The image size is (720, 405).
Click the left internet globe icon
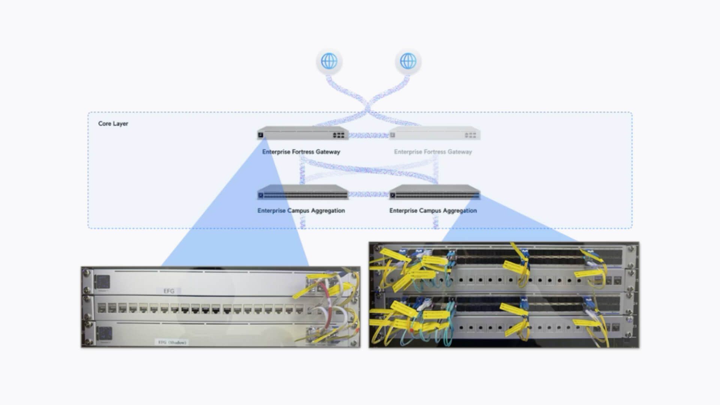point(329,61)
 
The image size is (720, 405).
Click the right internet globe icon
point(408,61)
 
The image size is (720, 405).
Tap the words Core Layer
point(113,123)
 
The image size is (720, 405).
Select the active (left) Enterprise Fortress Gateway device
point(303,134)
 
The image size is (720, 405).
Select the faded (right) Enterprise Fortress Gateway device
point(435,134)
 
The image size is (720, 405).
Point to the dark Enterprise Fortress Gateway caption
point(301,152)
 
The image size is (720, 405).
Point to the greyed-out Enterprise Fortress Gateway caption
point(433,152)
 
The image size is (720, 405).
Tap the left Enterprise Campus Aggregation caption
point(301,211)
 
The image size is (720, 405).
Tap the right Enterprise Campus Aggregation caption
point(433,211)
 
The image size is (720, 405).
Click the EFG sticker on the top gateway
point(169,291)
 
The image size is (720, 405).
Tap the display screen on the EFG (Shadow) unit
point(105,333)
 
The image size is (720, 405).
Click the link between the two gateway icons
point(369,135)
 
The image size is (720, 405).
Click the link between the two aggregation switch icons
point(369,194)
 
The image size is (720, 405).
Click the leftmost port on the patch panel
point(102,309)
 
